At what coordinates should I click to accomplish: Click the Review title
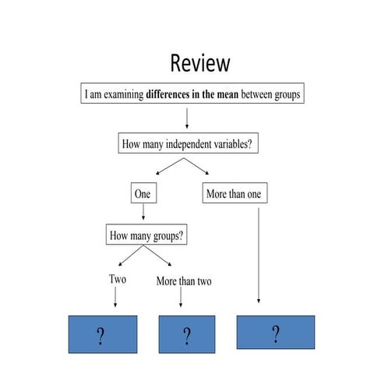pos(200,62)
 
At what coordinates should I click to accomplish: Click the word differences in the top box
pos(173,95)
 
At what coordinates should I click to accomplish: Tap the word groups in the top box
pos(283,95)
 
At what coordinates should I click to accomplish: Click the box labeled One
pos(143,193)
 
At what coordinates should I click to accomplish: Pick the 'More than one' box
pos(233,193)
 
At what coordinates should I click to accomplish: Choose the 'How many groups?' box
pos(148,235)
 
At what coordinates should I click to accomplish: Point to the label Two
pos(118,279)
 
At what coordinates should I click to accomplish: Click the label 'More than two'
pos(184,280)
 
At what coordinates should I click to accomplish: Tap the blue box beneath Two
pos(102,336)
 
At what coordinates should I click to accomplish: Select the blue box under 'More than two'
pos(187,336)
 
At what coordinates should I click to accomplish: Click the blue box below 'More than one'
pos(275,333)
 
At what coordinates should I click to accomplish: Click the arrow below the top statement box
pos(187,118)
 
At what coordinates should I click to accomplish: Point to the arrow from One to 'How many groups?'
pos(143,212)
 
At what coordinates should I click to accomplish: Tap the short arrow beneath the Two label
pos(115,297)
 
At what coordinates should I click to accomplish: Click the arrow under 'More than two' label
pos(182,298)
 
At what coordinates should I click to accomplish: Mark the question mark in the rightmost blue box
pos(275,334)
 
